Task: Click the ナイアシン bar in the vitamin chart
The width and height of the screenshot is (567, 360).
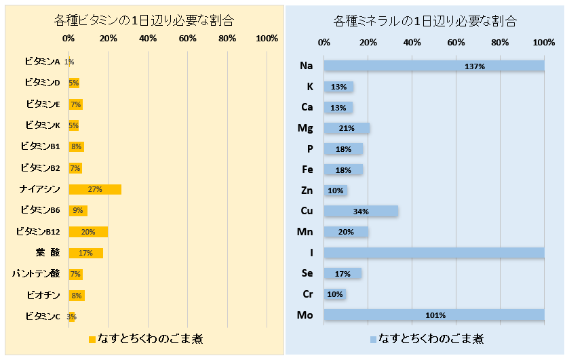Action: (x=95, y=189)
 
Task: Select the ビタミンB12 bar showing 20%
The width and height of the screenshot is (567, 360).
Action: (x=88, y=232)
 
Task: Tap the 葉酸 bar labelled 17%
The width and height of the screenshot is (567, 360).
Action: (x=85, y=253)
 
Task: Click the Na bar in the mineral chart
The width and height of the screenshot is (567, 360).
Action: (x=434, y=66)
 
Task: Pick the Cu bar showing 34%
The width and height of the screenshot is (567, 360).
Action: (x=361, y=211)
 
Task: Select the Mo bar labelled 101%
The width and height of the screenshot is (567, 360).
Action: (x=434, y=315)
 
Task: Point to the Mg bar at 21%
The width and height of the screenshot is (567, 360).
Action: (x=347, y=128)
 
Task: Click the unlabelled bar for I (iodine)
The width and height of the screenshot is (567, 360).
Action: (x=434, y=252)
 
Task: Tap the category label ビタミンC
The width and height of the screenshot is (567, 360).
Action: (x=42, y=316)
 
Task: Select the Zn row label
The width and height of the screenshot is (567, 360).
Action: (x=307, y=191)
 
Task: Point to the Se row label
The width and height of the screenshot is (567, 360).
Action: (x=307, y=273)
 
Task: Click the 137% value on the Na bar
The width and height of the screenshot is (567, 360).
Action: (x=475, y=66)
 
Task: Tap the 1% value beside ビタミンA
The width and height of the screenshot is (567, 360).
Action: (x=69, y=62)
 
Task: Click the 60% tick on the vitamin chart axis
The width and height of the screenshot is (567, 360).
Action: (x=188, y=39)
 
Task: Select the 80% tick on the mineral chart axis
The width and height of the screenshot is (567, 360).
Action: (x=500, y=43)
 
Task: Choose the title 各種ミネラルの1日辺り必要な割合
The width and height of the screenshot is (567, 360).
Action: (x=425, y=20)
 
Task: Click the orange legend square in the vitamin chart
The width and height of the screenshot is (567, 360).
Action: (x=93, y=338)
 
